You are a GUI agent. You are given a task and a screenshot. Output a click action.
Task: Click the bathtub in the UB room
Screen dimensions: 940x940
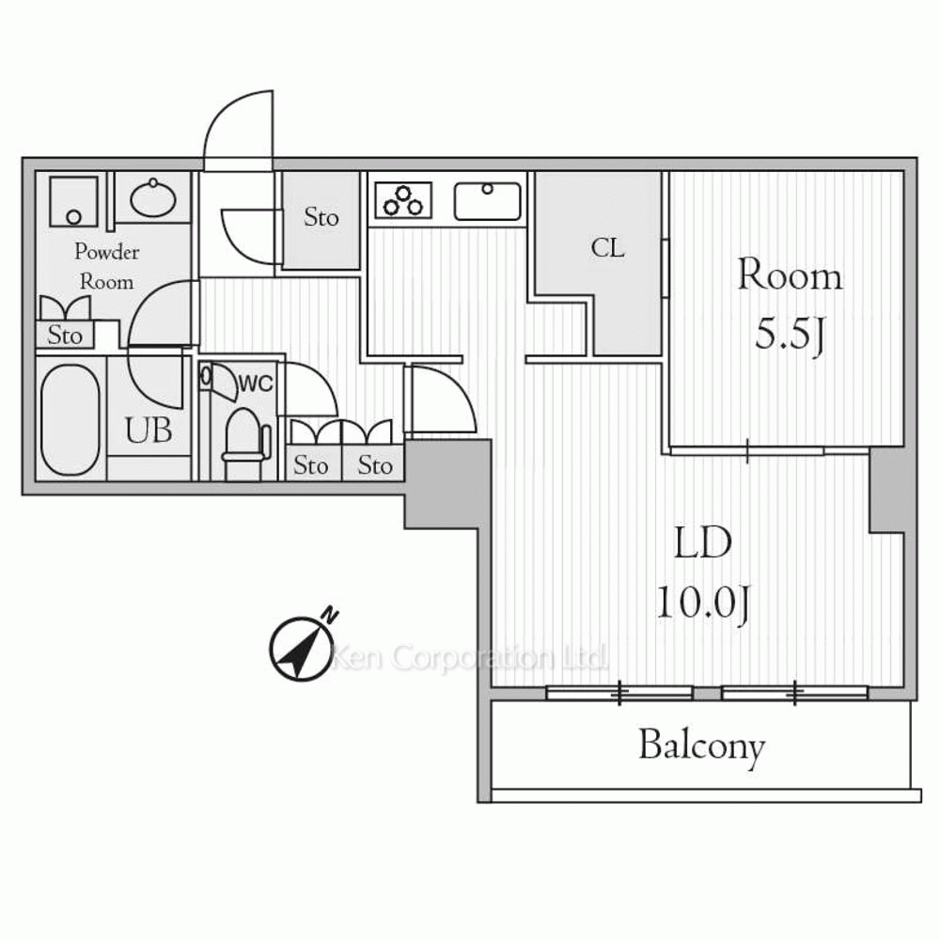[x=70, y=419]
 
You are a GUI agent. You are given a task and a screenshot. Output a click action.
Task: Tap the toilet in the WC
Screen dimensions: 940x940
[x=245, y=443]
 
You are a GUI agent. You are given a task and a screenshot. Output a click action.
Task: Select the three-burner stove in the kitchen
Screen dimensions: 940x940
[x=403, y=199]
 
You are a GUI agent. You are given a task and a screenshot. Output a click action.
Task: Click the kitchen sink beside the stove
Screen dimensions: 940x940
[x=487, y=201]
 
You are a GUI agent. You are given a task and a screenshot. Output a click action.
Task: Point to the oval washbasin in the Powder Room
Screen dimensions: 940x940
[x=153, y=197]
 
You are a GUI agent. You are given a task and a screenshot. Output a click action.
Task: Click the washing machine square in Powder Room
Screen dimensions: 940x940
[x=73, y=201]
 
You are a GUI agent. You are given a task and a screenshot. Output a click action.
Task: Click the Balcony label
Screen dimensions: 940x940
[x=702, y=746]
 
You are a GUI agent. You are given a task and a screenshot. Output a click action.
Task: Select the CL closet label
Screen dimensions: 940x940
[x=607, y=247]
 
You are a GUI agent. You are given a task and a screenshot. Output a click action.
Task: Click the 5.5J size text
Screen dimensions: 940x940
[x=790, y=335]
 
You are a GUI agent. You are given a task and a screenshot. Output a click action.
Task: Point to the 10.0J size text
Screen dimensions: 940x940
[x=702, y=602]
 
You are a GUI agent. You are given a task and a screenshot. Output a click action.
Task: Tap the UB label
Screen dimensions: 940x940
[x=149, y=431]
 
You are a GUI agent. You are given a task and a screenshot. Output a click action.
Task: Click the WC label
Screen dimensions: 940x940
[x=256, y=384]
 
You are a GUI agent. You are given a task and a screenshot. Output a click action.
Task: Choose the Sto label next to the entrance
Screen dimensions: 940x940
[x=321, y=217]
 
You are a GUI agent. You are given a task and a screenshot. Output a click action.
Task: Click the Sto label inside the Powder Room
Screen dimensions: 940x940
[x=64, y=336]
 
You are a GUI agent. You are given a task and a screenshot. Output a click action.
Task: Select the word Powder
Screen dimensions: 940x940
[x=107, y=252]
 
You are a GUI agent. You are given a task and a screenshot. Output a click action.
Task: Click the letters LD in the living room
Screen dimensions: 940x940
[x=702, y=543]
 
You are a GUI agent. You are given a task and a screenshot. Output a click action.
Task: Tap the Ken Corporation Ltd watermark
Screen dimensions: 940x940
[x=469, y=658]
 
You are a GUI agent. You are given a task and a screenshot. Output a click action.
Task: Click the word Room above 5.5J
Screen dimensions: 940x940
[x=790, y=276]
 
